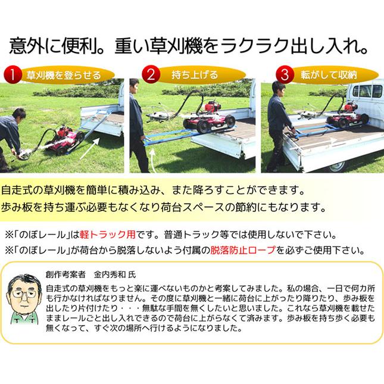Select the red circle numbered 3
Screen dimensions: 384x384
[286, 75]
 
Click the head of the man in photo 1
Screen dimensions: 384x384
[18, 114]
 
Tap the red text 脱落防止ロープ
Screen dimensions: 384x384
[243, 250]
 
